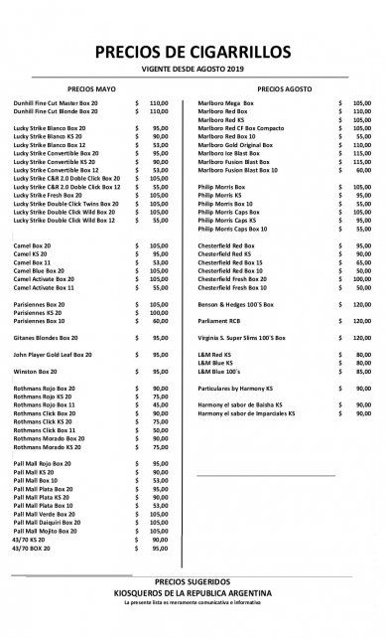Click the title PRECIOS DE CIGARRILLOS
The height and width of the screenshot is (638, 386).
click(193, 53)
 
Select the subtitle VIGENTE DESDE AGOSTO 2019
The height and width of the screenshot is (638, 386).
click(193, 69)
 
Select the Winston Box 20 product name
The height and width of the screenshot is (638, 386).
click(39, 372)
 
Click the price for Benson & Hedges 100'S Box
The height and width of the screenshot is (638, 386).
click(360, 303)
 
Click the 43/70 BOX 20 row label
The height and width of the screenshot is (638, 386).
click(36, 550)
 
